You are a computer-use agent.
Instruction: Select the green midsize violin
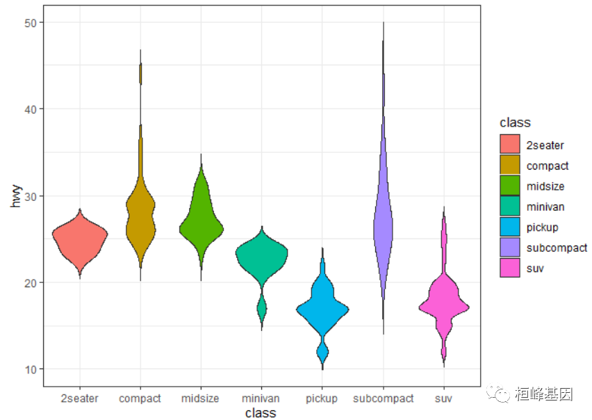coord(201,223)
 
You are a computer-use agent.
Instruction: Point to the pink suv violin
coord(444,305)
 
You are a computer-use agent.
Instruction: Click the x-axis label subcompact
coord(383,398)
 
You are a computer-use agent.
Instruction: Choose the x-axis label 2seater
coord(79,398)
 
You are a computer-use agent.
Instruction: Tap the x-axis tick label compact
coord(140,398)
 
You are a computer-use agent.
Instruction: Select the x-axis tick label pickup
coord(322,398)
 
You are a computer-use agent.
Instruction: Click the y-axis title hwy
coord(15,196)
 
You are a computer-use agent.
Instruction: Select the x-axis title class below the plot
coord(261,413)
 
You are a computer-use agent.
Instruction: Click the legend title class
coord(515,122)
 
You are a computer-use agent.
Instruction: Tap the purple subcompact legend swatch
coord(509,248)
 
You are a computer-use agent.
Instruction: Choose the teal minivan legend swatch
coord(509,207)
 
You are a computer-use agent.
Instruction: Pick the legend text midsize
coord(545,186)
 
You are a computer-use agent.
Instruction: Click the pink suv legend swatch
coord(509,268)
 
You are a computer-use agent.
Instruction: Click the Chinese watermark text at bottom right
coord(544,395)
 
